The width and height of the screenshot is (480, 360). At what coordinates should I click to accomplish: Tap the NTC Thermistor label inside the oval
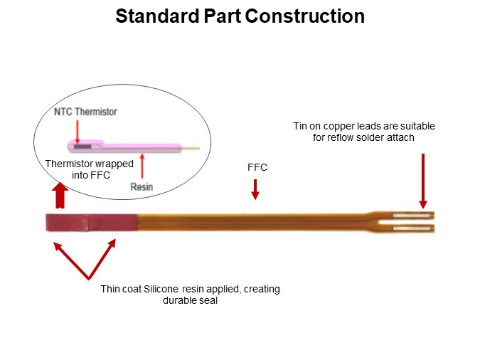tap(85, 112)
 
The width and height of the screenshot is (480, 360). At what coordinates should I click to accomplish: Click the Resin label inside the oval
tap(142, 186)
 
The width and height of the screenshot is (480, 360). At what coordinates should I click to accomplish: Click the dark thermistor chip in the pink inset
tap(83, 147)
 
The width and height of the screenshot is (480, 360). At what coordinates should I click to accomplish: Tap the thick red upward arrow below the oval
tap(60, 196)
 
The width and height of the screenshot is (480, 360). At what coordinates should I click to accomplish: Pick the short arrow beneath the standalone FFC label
tap(255, 189)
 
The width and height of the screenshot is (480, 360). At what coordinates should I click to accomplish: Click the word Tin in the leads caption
tap(302, 126)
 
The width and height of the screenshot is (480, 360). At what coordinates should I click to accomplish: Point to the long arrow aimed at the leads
tap(423, 181)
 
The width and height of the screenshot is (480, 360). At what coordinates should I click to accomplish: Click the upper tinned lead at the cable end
tap(412, 215)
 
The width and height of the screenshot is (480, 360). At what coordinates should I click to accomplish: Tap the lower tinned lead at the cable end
tap(412, 228)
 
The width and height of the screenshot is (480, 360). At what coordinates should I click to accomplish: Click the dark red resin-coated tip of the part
tap(90, 223)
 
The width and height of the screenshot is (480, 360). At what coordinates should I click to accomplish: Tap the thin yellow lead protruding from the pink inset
tap(190, 149)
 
